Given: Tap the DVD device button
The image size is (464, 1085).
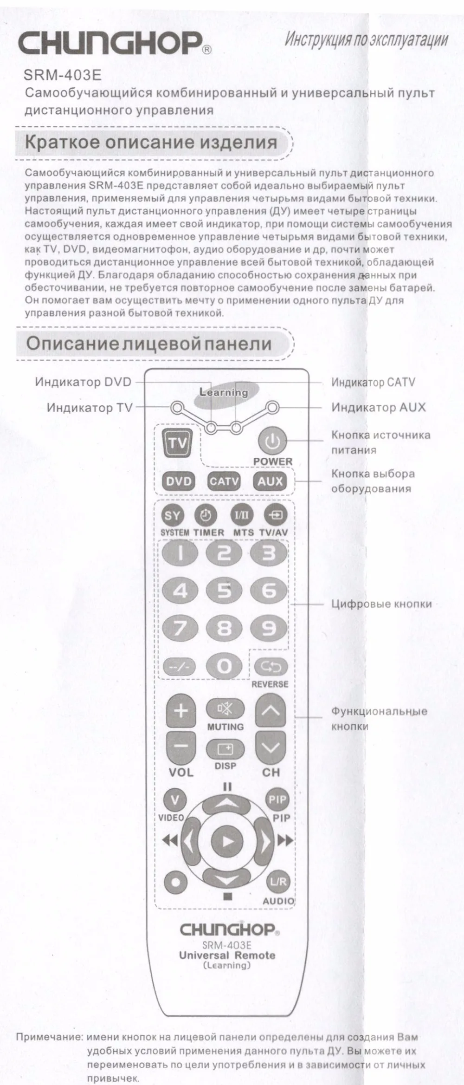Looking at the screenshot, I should pos(179,481).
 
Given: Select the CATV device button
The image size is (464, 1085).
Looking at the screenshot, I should pos(224,481).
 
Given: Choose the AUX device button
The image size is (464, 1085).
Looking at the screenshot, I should pos(270,481).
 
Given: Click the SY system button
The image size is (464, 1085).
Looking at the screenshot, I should pos(172,515).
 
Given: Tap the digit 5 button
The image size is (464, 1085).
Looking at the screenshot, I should pos(225,591).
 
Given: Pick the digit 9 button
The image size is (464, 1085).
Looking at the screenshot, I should pos(270,628).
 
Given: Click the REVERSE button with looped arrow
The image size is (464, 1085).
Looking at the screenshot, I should pos(271,667).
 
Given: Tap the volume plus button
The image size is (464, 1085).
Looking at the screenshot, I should pos(181,711).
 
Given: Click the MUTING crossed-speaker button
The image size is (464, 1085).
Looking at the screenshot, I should pos(225,709).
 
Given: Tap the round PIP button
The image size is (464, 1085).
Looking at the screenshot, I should pos(277,799).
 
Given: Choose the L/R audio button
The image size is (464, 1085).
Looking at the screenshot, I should pos(278,882).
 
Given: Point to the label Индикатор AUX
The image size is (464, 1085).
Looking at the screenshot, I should pos(378,408).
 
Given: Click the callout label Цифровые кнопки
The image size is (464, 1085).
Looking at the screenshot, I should pos(381,604).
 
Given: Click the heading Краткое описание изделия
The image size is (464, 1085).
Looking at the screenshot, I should pos(151,142).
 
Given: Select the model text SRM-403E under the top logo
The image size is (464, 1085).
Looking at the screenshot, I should pos(62,75).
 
